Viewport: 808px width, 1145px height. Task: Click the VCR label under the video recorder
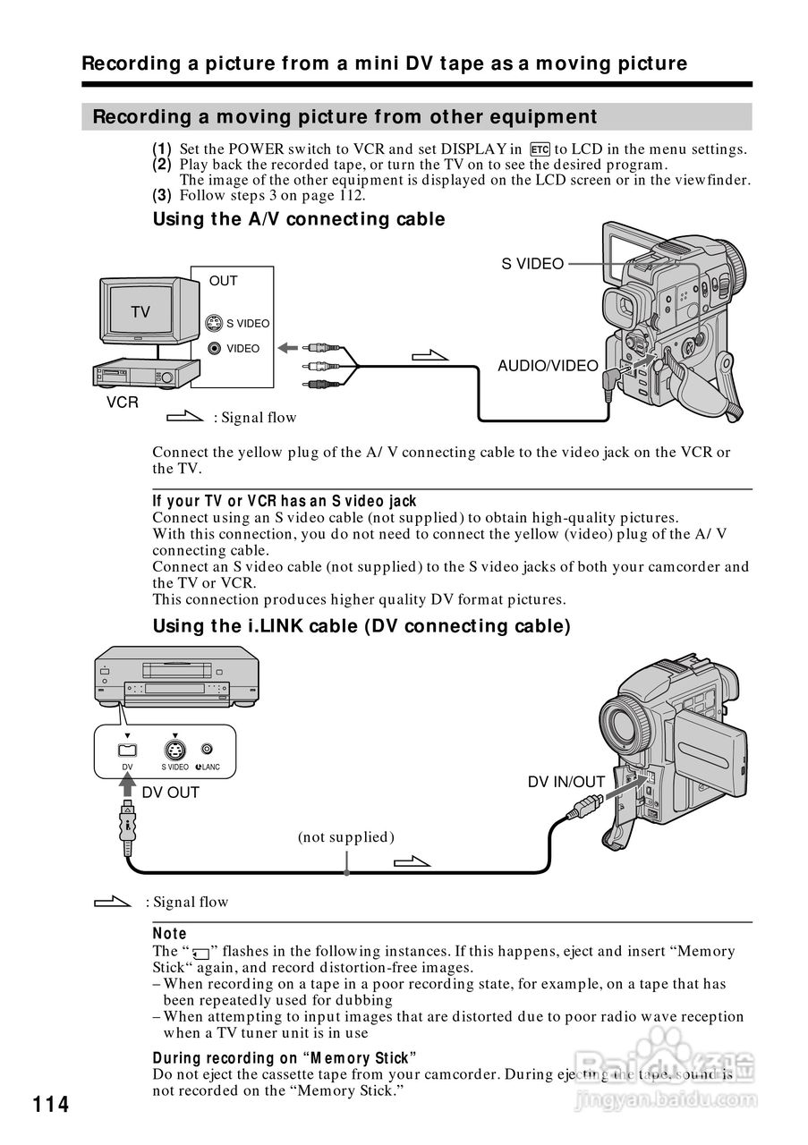[x=123, y=403]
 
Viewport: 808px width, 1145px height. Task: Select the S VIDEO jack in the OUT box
[x=214, y=324]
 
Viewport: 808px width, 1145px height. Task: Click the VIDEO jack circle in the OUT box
[x=214, y=349]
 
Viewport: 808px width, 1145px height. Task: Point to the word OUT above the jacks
[x=224, y=281]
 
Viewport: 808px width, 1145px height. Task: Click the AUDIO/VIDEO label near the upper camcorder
[x=548, y=365]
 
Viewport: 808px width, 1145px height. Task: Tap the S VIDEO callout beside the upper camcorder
[x=532, y=264]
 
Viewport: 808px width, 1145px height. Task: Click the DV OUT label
[x=171, y=793]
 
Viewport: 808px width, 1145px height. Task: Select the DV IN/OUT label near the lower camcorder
[x=566, y=782]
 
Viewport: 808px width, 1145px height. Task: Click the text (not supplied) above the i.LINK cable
[x=346, y=837]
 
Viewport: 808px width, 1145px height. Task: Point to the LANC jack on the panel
[x=207, y=749]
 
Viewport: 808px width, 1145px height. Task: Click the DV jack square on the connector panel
[x=127, y=750]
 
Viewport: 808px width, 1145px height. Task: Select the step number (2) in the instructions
[x=161, y=165]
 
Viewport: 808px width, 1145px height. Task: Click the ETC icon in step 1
[x=539, y=149]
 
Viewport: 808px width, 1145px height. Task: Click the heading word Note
[x=170, y=934]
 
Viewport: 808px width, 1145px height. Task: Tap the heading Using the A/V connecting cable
[x=299, y=219]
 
